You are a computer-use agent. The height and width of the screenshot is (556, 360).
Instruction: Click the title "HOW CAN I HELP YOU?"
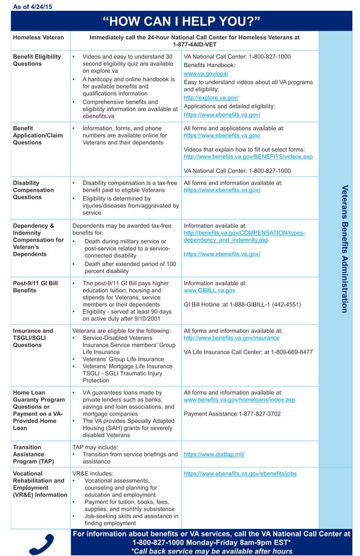tap(181, 21)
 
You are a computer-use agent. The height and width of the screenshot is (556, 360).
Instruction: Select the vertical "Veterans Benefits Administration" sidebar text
tap(344, 249)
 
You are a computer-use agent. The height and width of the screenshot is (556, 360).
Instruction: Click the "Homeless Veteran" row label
tap(38, 38)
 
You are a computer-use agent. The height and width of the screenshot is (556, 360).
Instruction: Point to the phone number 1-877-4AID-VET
tap(195, 45)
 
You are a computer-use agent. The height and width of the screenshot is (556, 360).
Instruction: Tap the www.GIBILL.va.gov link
tap(209, 290)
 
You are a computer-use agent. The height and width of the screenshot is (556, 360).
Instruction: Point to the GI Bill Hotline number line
tap(242, 305)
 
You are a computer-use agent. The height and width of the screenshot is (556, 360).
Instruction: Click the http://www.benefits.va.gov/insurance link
tap(231, 338)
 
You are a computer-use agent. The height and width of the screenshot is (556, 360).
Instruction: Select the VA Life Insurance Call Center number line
tap(248, 352)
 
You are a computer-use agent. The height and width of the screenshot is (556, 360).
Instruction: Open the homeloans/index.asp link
tap(239, 400)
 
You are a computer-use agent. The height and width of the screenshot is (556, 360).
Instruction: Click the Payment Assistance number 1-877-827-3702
tap(232, 414)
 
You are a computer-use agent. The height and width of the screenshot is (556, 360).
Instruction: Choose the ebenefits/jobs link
tap(240, 474)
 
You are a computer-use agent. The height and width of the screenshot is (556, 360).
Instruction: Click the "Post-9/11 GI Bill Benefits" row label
tap(34, 287)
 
